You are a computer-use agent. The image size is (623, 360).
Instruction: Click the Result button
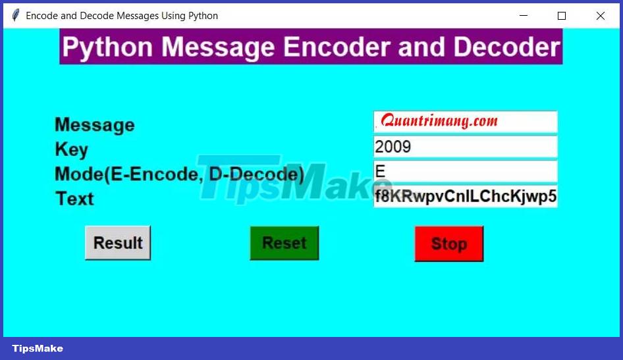click(118, 243)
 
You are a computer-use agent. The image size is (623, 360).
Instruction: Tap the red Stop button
click(448, 244)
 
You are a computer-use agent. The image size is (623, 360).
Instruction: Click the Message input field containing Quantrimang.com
click(465, 122)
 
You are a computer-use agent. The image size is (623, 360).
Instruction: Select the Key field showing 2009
click(465, 146)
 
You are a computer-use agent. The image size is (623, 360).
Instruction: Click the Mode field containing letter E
click(465, 171)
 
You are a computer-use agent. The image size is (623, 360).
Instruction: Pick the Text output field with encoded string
click(465, 196)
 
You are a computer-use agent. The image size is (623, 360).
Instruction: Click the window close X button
click(600, 16)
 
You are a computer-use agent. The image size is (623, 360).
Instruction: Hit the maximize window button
click(561, 16)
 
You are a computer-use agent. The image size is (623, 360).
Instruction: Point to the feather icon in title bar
click(15, 16)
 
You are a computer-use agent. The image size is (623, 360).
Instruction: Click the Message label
click(94, 124)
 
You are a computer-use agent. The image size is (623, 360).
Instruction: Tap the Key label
click(71, 149)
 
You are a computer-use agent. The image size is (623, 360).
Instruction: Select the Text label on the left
click(74, 199)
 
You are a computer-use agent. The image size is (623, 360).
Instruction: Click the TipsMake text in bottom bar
click(38, 348)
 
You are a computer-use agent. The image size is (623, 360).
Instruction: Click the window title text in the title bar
click(122, 16)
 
